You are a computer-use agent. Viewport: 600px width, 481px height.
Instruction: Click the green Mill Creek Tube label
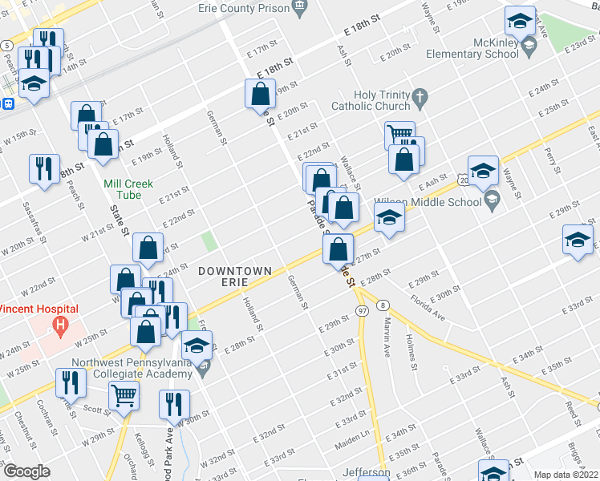click(x=128, y=188)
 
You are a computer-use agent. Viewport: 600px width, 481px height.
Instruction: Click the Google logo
click(x=26, y=471)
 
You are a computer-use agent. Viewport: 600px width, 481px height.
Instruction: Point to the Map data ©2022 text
click(x=566, y=475)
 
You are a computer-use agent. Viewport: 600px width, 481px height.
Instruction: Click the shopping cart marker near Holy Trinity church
click(x=399, y=134)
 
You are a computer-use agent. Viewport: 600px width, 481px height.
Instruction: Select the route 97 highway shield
click(x=362, y=310)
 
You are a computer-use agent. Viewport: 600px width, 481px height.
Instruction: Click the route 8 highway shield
click(x=384, y=305)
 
